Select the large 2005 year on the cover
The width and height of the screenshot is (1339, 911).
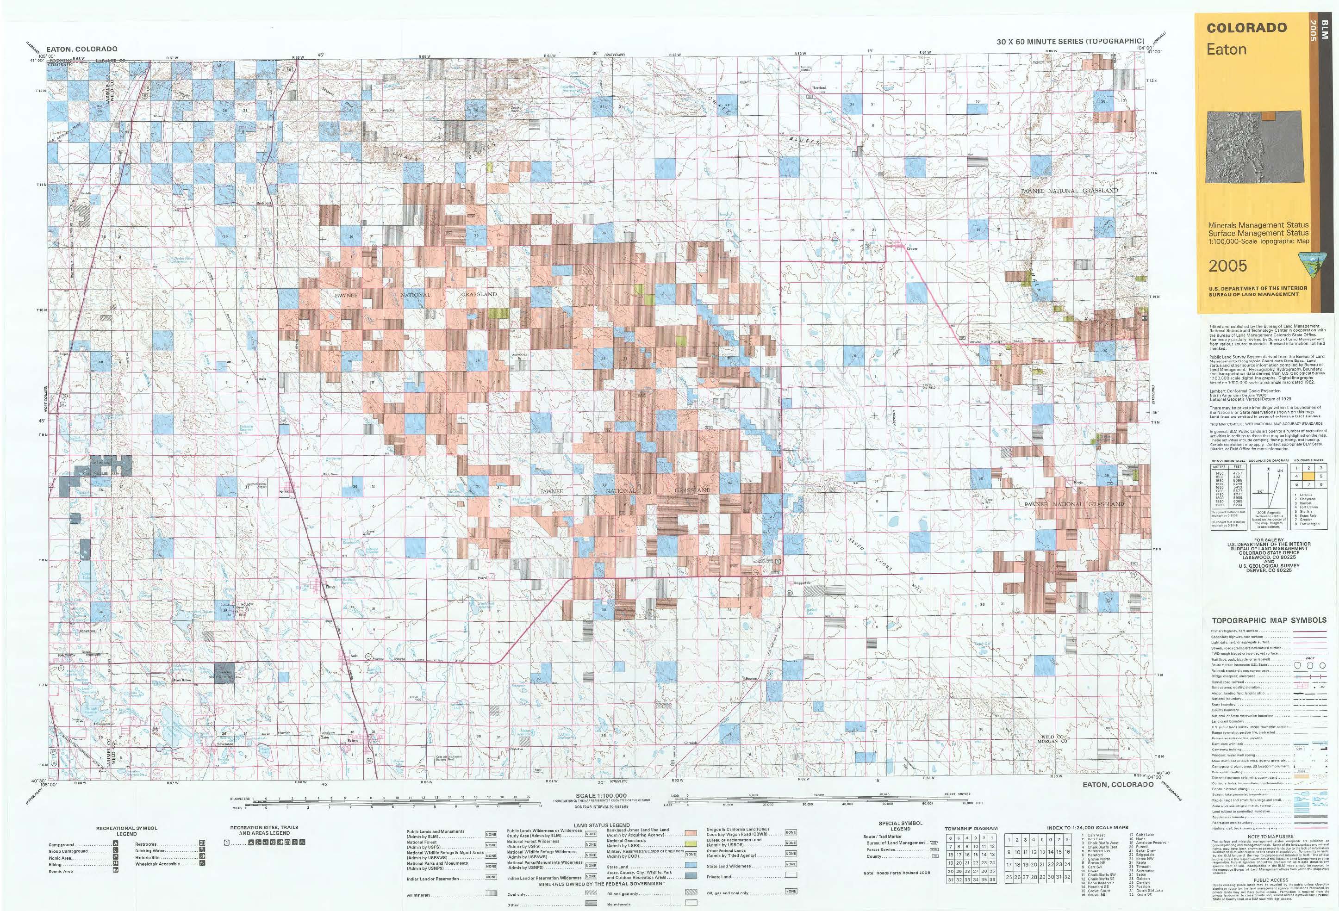(x=1228, y=266)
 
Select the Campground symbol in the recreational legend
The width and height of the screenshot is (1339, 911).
(x=115, y=845)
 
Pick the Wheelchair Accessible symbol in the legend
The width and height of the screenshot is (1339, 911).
(x=202, y=864)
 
